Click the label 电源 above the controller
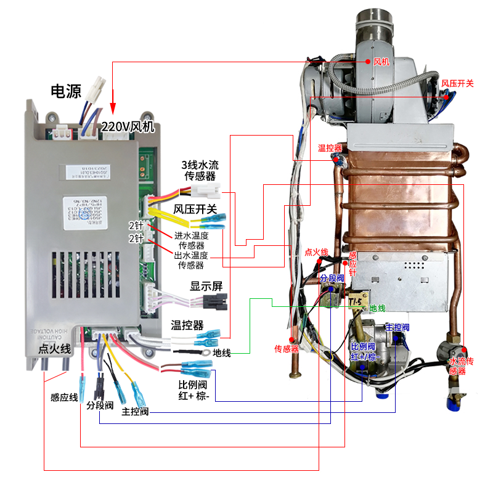[x=66, y=92]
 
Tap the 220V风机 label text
[x=131, y=128]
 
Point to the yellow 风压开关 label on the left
[x=195, y=210]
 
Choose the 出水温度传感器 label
[x=190, y=260]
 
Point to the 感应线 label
[x=64, y=397]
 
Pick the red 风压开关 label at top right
[x=457, y=83]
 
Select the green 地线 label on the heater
[x=377, y=308]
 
